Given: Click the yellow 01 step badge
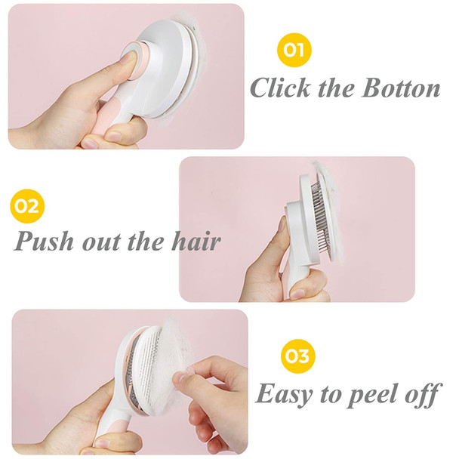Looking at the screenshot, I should [294, 51].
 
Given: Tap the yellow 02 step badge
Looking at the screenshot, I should [28, 206].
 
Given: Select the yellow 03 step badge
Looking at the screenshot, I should [297, 356].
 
